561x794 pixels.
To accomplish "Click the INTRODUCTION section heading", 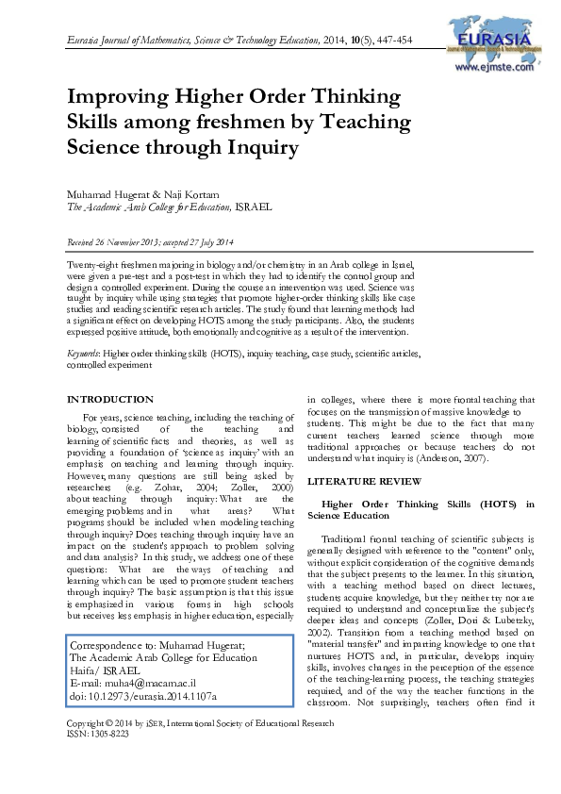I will pos(110,400).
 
